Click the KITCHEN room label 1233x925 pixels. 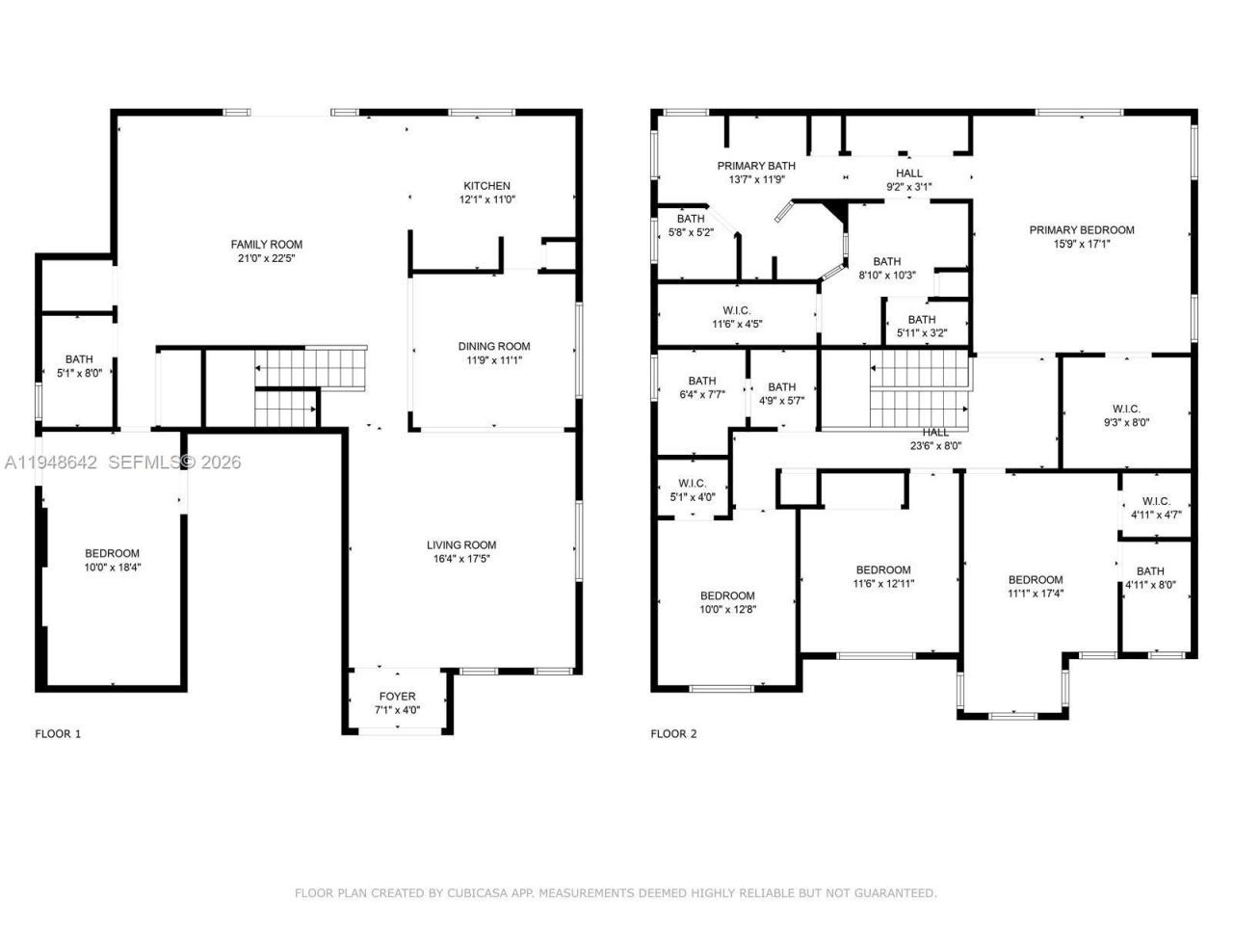click(486, 186)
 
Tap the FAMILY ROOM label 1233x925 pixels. click(266, 245)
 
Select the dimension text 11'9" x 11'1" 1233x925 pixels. click(493, 360)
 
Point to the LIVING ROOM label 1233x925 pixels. click(461, 545)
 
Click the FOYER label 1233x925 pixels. click(397, 697)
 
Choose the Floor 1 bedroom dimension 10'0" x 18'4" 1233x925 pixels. click(112, 568)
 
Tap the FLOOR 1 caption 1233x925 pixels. click(58, 734)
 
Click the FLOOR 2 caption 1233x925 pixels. click(673, 734)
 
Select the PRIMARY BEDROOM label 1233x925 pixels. click(1081, 230)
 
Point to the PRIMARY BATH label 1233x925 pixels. click(756, 166)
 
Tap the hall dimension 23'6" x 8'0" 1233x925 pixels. click(934, 446)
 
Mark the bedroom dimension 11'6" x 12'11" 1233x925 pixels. click(882, 583)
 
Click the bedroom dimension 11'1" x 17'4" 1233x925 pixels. click(1036, 594)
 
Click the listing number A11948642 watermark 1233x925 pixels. click(51, 462)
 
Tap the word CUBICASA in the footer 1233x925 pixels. click(479, 893)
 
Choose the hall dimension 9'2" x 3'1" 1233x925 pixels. click(908, 187)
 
